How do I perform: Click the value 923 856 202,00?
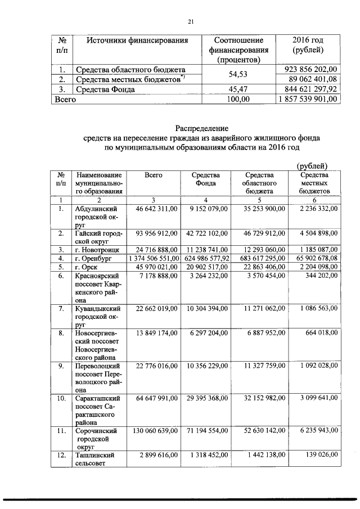pos(308,69)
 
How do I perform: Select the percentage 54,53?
pos(238,74)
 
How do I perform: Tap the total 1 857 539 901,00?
pos(307,98)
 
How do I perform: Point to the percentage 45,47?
pos(238,89)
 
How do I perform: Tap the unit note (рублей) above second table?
pos(312,165)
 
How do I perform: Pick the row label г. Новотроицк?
pos(96,249)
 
